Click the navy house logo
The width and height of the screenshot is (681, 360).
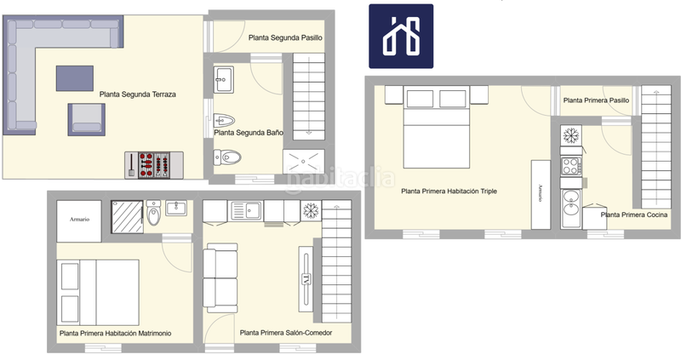(x=400, y=36)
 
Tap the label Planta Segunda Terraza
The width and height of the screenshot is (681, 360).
(x=137, y=94)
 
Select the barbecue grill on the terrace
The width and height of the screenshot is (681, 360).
(x=156, y=163)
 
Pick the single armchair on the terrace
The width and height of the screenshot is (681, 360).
(x=84, y=118)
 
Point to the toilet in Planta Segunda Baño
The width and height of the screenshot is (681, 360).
(x=228, y=157)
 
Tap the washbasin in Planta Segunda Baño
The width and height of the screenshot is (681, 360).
(x=224, y=80)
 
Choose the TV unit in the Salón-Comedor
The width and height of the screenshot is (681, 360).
(x=305, y=279)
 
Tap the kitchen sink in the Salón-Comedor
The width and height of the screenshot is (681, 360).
(x=249, y=209)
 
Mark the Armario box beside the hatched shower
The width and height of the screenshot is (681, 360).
(x=81, y=220)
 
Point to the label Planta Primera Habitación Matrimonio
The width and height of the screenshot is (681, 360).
(x=115, y=334)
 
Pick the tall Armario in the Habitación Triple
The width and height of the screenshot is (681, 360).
(x=541, y=194)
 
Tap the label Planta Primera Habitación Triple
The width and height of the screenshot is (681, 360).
(x=449, y=191)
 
